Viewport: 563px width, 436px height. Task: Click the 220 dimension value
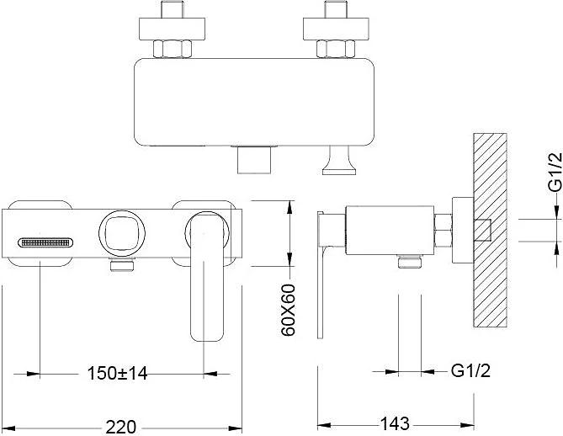120,427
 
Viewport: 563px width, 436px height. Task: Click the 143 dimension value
394,423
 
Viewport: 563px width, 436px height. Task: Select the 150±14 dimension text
118,373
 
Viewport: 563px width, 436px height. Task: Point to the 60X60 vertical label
288,310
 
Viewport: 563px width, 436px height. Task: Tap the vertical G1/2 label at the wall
555,172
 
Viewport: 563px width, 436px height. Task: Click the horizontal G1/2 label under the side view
470,370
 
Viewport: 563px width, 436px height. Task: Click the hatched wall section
490,230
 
